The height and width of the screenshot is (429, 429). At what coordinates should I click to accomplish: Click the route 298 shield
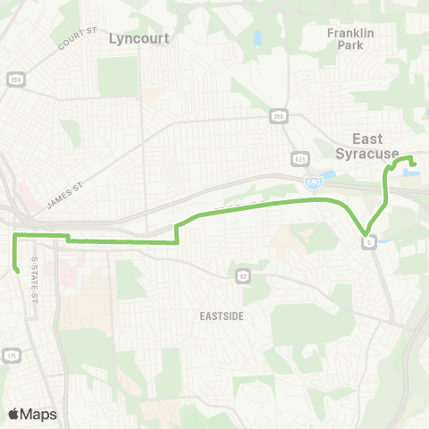pyautogui.click(x=14, y=80)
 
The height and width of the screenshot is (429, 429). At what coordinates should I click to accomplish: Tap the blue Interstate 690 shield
pyautogui.click(x=312, y=182)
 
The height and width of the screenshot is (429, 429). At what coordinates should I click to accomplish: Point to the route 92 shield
pyautogui.click(x=242, y=276)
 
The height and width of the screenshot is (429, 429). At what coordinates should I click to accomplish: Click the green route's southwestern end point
pyautogui.click(x=18, y=270)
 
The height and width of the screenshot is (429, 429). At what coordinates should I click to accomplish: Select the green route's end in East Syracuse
pyautogui.click(x=414, y=164)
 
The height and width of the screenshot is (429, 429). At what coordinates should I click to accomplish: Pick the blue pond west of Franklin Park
pyautogui.click(x=257, y=39)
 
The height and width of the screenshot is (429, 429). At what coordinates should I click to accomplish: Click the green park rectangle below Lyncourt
pyautogui.click(x=118, y=77)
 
